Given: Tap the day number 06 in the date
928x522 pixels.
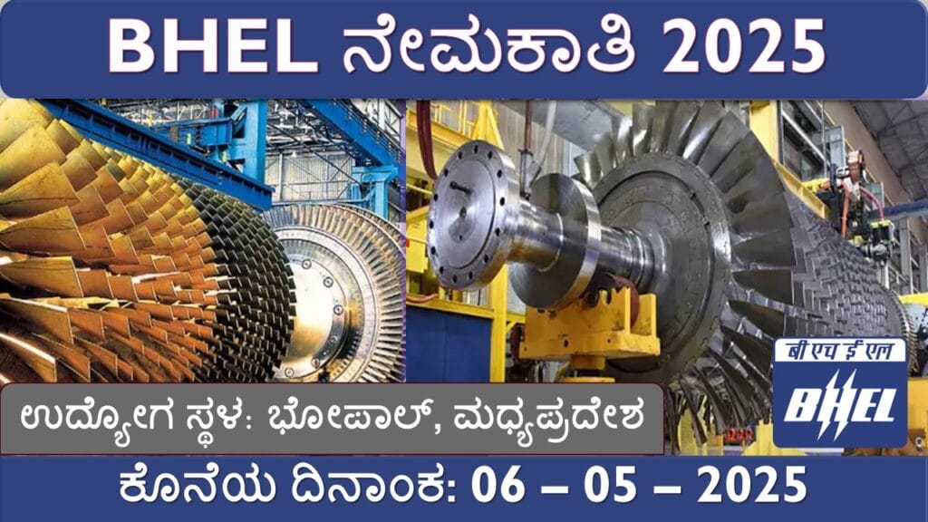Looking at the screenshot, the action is click(x=498, y=485).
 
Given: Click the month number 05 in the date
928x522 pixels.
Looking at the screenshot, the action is click(x=610, y=485).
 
